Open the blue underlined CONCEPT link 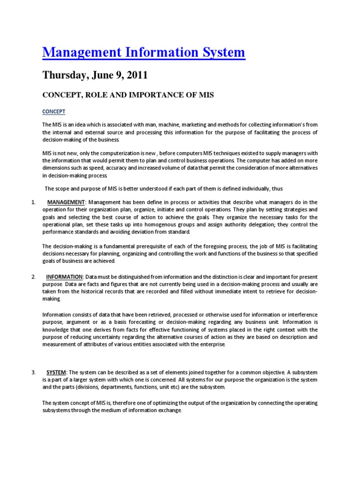coord(54,112)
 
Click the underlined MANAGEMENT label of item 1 coord(66,202)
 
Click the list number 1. coord(33,202)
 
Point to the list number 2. coord(33,277)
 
